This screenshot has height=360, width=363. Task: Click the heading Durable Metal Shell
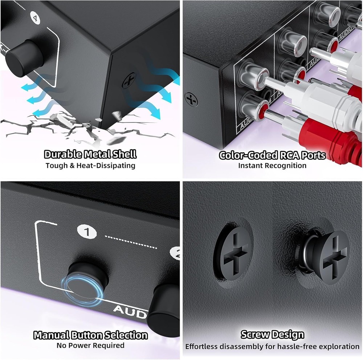click(x=90, y=154)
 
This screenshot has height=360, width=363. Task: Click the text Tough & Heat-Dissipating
click(x=90, y=166)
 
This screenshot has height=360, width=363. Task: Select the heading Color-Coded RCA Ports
click(x=272, y=155)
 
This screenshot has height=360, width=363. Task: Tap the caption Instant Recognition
click(x=272, y=166)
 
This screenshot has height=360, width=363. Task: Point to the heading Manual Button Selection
click(x=90, y=335)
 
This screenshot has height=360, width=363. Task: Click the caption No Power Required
click(x=90, y=345)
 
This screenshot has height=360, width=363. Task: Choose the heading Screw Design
click(x=272, y=334)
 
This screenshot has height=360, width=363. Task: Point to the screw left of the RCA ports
click(x=191, y=99)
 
